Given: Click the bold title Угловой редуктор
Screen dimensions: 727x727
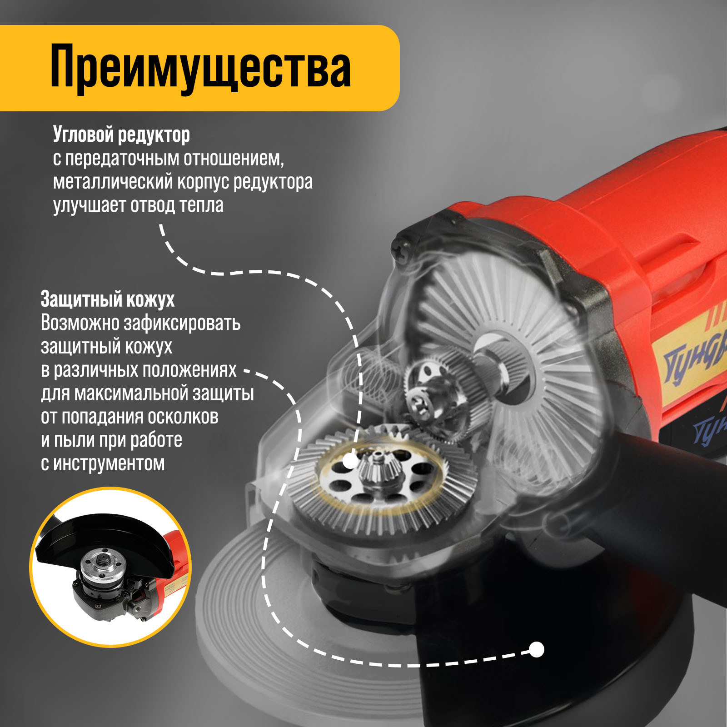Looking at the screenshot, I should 121,134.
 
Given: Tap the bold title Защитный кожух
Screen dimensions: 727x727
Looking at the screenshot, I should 108,299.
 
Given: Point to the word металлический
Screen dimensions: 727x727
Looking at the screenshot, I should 113,182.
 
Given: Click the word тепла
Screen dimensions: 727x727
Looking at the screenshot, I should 201,205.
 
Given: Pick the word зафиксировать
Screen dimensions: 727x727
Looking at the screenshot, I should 182,323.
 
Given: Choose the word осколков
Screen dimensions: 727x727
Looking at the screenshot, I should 185,417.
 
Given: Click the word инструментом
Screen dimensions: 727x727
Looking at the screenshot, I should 109,464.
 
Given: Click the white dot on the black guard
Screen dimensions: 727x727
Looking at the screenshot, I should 537,649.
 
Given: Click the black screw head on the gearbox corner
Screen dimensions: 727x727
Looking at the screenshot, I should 404,249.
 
